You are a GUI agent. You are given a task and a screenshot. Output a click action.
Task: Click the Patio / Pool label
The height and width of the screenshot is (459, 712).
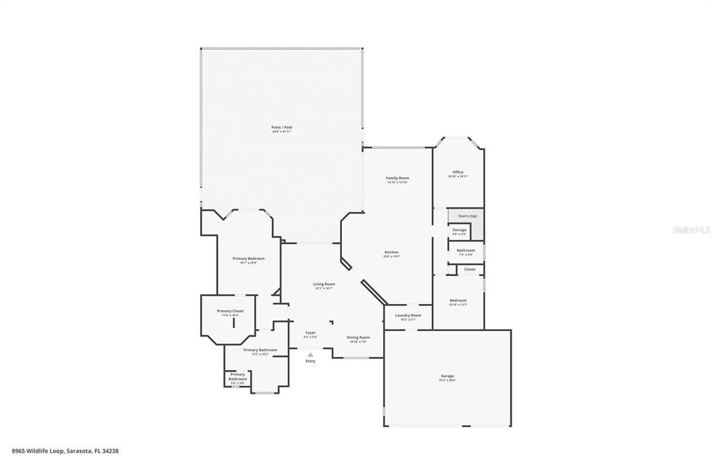(x=282, y=127)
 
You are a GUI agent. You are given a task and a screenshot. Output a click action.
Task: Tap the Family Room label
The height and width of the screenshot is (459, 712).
(x=398, y=178)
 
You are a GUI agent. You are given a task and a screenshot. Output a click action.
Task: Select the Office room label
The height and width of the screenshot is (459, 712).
(x=458, y=172)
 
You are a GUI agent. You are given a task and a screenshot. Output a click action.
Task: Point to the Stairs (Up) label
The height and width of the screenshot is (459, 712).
(x=467, y=216)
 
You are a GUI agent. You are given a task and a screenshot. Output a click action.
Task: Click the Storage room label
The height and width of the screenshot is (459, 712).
(x=459, y=229)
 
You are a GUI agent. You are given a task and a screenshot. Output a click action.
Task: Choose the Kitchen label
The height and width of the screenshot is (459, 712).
(x=391, y=252)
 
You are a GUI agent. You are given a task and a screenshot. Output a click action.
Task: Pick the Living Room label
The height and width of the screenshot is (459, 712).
(x=324, y=284)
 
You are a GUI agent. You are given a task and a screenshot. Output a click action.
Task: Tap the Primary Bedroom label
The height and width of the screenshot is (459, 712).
(x=248, y=258)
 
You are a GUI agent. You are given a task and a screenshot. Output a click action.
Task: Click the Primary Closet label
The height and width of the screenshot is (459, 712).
(x=230, y=311)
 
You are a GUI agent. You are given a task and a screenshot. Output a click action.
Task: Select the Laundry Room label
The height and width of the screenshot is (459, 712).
(x=408, y=315)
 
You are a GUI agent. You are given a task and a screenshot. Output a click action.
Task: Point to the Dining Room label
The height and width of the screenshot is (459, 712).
(x=358, y=337)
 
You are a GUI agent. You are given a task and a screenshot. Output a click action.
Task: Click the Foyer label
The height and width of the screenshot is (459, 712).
(x=310, y=332)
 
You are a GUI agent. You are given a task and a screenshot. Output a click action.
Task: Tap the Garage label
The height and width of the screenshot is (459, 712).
(x=447, y=376)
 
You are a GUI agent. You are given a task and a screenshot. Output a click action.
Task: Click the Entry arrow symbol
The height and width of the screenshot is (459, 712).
(x=310, y=354)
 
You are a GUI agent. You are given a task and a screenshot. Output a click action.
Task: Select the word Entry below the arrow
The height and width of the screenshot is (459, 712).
(x=310, y=361)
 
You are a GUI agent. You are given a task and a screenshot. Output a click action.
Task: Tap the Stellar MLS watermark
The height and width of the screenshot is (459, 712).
(x=691, y=227)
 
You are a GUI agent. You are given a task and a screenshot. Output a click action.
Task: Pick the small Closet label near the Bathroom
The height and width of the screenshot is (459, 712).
(x=470, y=269)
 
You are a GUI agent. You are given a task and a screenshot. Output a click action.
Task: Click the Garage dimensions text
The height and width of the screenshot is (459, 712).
(x=447, y=380)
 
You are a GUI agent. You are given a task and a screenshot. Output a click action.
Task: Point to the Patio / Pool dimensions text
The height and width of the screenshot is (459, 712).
(x=282, y=131)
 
